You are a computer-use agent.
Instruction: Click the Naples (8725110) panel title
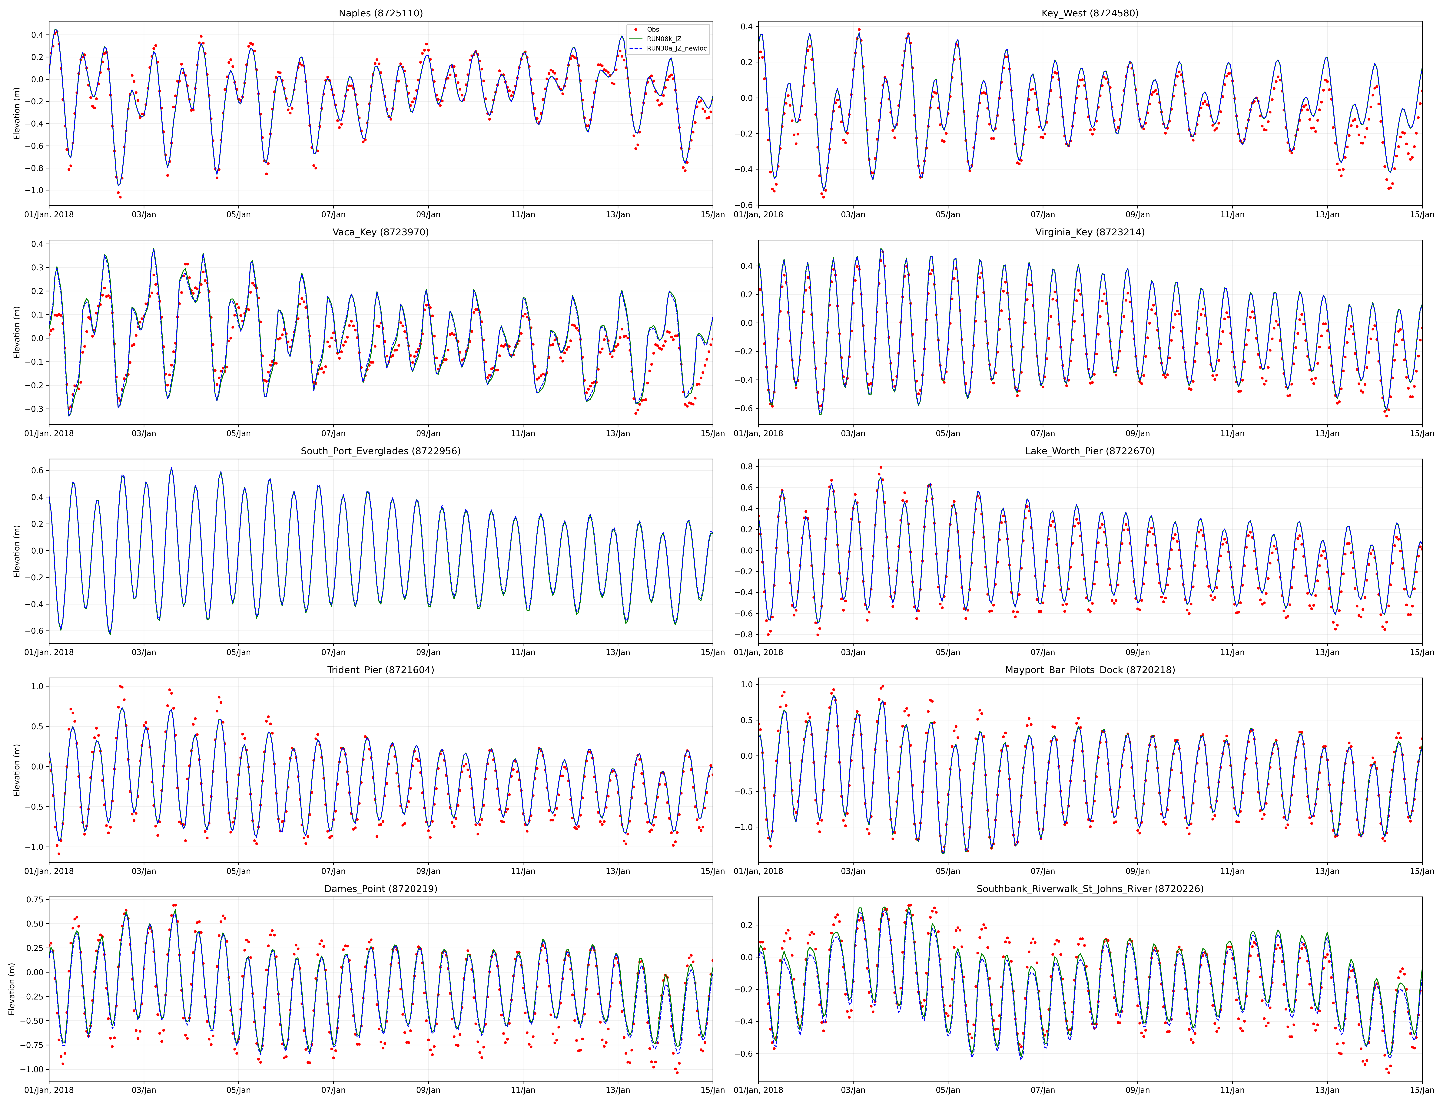380,13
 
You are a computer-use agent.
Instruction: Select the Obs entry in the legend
652,30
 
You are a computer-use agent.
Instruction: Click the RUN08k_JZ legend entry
663,39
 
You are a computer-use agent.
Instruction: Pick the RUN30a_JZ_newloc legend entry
676,49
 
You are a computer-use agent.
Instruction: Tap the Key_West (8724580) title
1090,13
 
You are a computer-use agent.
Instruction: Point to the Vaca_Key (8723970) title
380,232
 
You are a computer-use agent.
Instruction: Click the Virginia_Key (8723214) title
1090,232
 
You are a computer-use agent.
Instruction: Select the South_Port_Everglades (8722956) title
380,451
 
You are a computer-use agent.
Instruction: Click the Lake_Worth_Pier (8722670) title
1090,451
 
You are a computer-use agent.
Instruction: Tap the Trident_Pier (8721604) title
380,670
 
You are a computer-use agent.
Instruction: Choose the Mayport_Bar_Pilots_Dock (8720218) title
1090,670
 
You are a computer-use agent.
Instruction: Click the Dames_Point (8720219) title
380,889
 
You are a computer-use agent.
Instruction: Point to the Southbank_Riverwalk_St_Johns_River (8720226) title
1090,889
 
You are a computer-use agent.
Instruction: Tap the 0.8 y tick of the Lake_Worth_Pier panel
746,466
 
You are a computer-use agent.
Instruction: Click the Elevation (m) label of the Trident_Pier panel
17,770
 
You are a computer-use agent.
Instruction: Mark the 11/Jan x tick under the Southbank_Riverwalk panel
1232,1091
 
